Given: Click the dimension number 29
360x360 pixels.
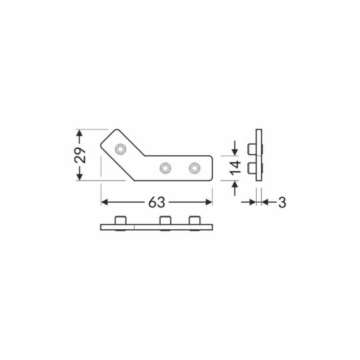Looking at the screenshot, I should point(80,155).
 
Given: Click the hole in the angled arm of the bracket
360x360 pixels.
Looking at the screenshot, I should point(120,147).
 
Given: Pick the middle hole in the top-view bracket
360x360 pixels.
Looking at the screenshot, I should point(165,167).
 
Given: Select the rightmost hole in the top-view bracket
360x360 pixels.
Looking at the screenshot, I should point(194,167).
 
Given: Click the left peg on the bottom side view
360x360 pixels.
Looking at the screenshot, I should point(120,221).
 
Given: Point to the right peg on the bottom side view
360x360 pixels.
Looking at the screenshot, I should point(194,221).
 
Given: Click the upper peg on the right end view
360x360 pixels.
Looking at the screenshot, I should point(251,147).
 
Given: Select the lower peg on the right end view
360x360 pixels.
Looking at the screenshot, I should point(251,167).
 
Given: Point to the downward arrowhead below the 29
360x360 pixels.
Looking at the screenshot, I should point(80,175).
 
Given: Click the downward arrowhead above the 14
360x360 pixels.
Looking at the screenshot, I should point(234,150).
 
